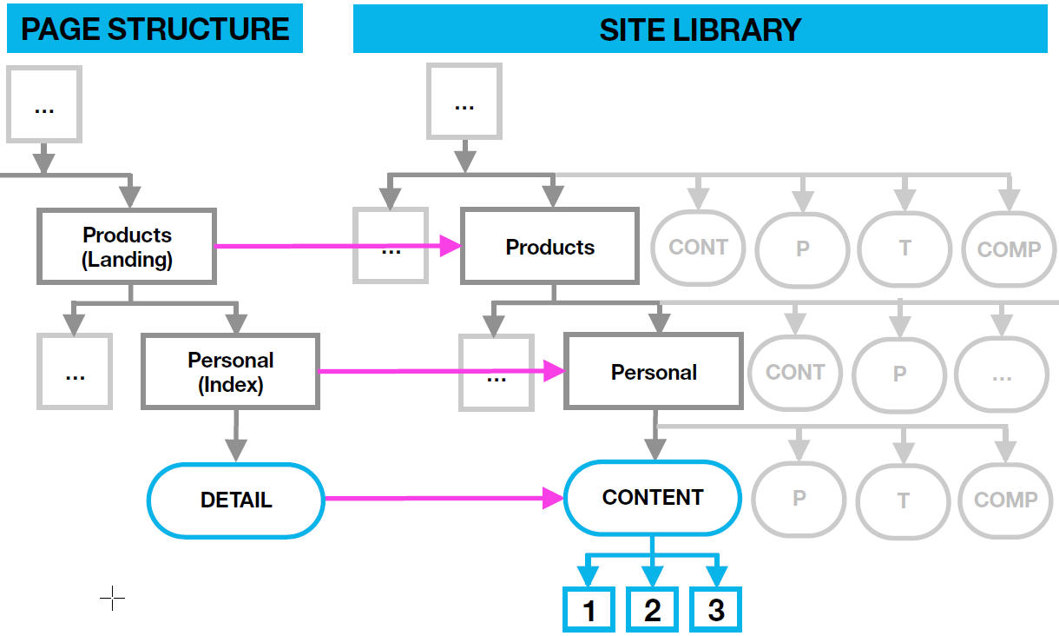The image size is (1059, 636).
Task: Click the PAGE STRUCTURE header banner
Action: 155,29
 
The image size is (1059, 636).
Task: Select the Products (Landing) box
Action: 127,247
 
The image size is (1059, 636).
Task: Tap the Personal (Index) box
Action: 230,372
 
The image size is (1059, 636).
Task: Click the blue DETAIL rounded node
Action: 235,500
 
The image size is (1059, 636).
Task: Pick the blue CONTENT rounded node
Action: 652,498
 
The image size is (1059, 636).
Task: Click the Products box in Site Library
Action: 549,247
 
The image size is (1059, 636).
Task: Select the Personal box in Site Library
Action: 653,372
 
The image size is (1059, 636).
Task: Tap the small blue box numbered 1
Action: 589,610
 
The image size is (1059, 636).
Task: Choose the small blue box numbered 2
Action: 652,610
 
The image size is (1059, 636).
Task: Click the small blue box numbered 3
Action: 715,610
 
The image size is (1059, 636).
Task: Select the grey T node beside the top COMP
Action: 904,248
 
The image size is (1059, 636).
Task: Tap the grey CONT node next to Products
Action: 698,248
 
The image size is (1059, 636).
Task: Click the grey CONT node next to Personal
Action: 794,373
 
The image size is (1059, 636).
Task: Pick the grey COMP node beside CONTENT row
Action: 1005,500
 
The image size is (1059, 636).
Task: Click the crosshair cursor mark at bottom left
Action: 112,599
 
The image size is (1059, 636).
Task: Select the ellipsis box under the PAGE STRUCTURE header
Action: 43,104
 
